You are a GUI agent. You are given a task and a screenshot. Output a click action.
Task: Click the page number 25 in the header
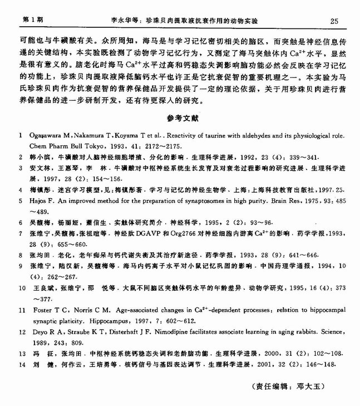334,21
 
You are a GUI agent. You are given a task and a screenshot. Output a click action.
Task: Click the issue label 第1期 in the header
32,20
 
